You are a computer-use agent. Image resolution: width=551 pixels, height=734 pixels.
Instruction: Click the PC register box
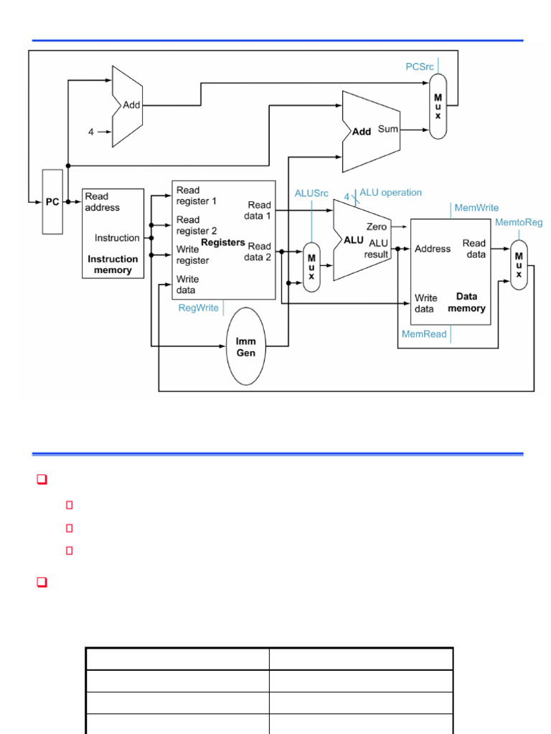click(52, 201)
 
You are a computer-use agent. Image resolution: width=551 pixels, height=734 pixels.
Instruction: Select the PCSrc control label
click(420, 66)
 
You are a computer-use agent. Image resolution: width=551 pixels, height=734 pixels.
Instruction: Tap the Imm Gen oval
click(246, 347)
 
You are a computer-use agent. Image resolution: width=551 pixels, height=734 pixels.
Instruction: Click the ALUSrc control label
click(311, 194)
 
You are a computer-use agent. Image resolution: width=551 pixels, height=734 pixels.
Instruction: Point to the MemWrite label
click(476, 208)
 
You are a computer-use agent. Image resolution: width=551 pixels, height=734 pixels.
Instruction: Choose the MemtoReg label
click(519, 222)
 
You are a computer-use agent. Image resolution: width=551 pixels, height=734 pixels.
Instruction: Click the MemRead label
click(424, 334)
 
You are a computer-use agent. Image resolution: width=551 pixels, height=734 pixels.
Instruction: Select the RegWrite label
click(199, 308)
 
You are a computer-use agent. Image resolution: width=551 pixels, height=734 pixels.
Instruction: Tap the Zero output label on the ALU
click(377, 227)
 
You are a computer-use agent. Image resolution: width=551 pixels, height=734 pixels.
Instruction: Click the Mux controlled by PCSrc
click(438, 107)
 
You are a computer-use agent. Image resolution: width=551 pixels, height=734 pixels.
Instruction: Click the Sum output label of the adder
click(388, 130)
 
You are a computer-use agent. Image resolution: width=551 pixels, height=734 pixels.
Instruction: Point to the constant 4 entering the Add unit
click(91, 132)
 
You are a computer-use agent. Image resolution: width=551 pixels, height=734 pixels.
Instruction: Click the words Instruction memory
click(113, 264)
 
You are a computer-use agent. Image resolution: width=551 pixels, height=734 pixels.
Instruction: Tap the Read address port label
click(102, 201)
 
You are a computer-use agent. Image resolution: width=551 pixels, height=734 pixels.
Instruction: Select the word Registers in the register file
click(223, 242)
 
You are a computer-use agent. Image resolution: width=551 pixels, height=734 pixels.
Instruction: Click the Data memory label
click(466, 302)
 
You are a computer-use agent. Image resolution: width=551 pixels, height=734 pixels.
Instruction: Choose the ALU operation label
click(390, 192)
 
